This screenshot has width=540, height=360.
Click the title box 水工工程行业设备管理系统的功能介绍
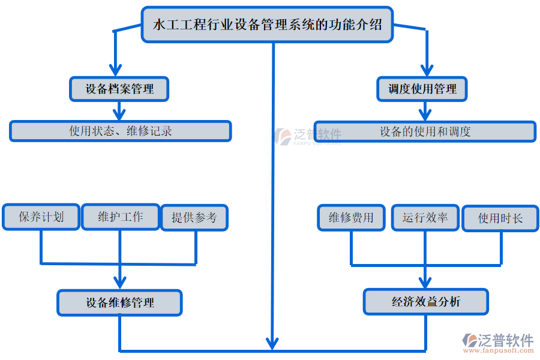coord(267,25)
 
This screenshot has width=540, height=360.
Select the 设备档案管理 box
coord(119,89)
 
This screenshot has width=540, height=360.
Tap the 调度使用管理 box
coord(422,89)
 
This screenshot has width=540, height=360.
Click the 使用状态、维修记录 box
coord(120,131)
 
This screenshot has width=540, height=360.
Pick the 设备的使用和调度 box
coord(425,131)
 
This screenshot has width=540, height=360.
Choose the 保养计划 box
coord(41,217)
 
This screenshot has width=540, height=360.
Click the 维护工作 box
coord(120,217)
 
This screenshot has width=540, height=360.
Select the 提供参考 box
coord(194,217)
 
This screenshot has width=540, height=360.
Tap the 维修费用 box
coord(351,217)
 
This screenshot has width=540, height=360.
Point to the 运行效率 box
coord(425,217)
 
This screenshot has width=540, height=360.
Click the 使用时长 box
coord(500,218)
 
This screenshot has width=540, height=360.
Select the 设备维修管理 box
coord(119,302)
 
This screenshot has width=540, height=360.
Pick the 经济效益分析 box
coord(425,301)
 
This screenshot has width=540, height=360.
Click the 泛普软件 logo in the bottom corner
coord(497,342)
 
